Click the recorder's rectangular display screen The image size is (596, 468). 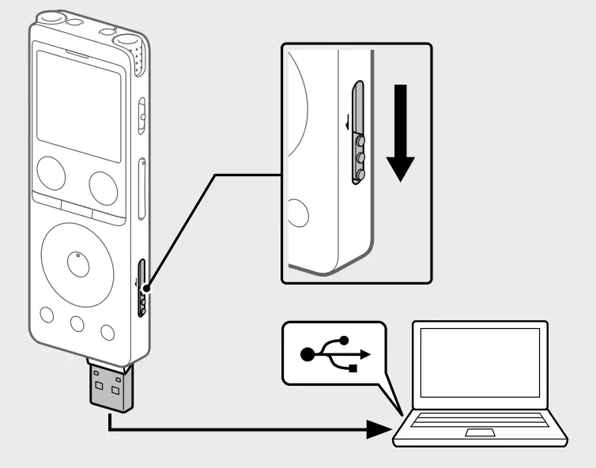coord(78,104)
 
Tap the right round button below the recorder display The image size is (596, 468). coord(104,186)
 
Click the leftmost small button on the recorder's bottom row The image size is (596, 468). coord(47,315)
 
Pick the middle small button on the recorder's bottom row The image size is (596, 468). coord(77,323)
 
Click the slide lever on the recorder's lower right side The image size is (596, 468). coord(142,288)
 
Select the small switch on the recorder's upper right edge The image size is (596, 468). coord(141,115)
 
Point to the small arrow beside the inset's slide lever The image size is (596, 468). coord(346,123)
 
